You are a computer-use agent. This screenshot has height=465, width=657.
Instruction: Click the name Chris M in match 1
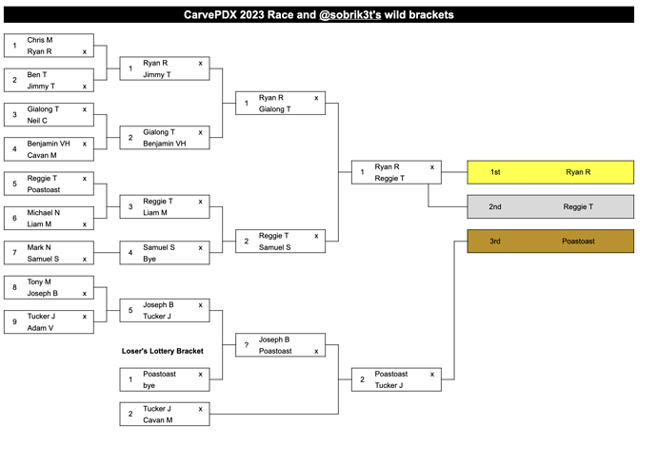click(x=40, y=40)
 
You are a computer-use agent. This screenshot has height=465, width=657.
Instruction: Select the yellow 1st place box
click(x=550, y=172)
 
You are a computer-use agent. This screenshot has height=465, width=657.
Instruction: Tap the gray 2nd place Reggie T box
click(x=550, y=206)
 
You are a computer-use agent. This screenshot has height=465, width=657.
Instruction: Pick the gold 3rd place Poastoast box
click(x=550, y=242)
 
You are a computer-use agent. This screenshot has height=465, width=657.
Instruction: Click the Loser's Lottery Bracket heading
click(x=163, y=351)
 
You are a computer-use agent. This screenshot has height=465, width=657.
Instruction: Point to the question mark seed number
click(x=247, y=345)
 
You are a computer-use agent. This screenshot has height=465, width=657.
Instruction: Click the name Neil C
click(x=38, y=121)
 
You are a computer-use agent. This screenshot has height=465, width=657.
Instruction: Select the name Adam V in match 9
click(x=39, y=328)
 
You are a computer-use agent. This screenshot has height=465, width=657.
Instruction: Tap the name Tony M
click(x=39, y=281)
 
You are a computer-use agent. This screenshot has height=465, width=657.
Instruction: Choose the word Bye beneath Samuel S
click(x=149, y=259)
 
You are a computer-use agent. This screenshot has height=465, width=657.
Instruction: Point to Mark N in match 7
click(x=39, y=247)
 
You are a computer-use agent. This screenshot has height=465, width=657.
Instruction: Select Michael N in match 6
click(x=43, y=213)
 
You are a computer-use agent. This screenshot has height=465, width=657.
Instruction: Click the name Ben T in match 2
click(x=37, y=75)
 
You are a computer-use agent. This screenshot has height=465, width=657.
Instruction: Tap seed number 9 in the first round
click(x=15, y=322)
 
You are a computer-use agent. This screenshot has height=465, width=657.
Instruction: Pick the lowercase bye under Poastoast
click(x=149, y=386)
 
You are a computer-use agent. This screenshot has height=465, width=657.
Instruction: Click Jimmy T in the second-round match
click(x=156, y=74)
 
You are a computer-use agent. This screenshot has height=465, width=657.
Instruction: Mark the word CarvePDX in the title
click(x=215, y=15)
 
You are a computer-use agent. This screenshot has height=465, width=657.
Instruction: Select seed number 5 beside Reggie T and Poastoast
click(x=15, y=184)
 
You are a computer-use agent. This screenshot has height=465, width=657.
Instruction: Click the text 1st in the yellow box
click(x=495, y=172)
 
